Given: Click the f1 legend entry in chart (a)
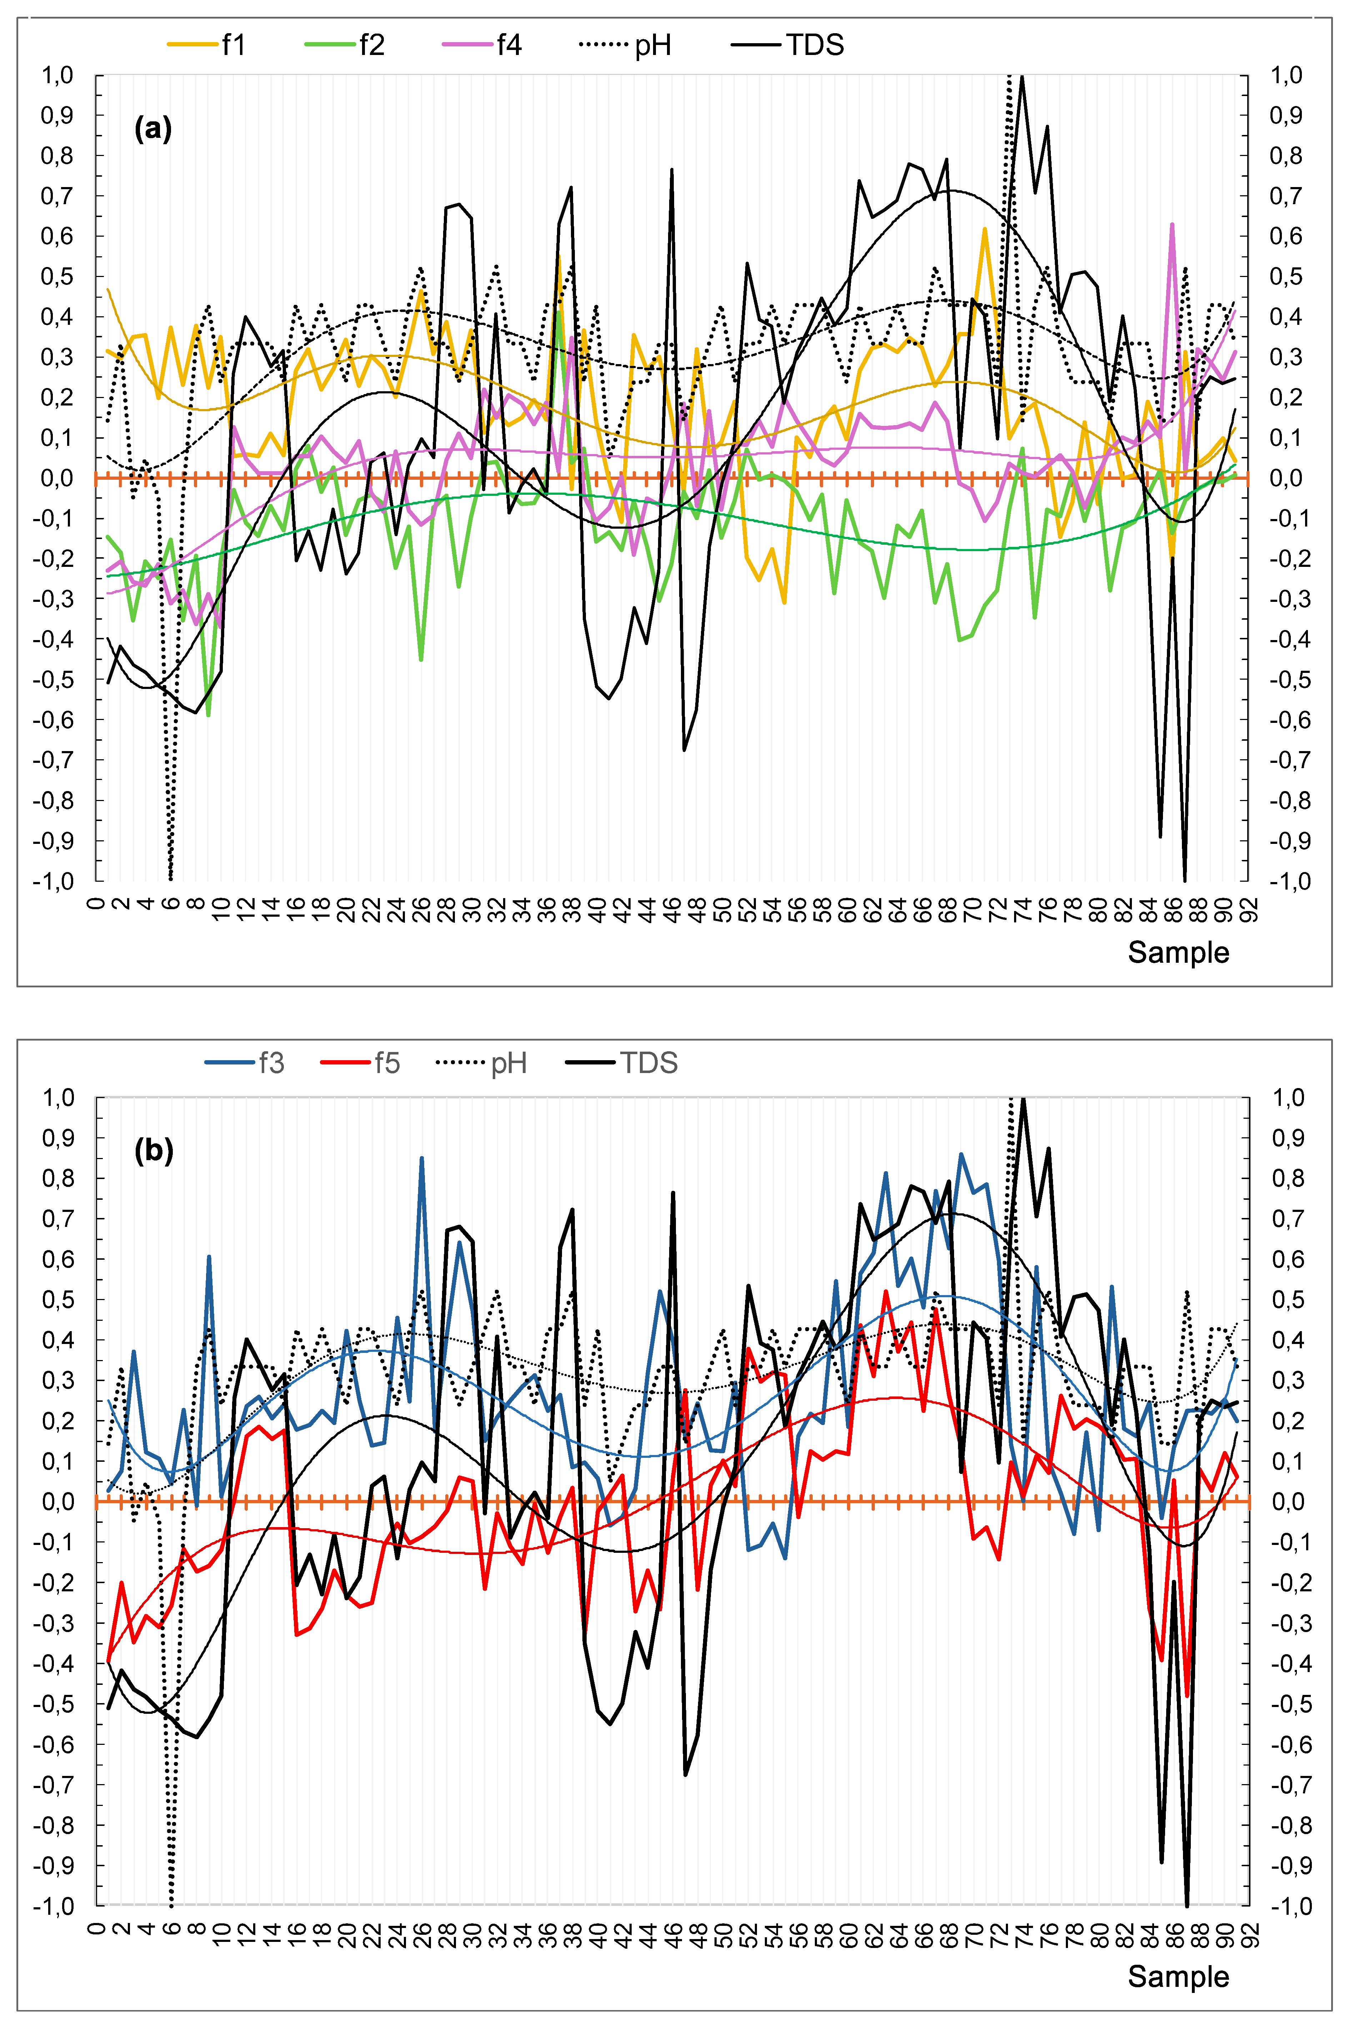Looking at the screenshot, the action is [206, 45].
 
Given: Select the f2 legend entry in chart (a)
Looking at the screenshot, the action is [344, 45].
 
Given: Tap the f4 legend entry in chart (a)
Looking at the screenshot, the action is [482, 45].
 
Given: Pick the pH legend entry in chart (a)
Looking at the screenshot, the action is [626, 45].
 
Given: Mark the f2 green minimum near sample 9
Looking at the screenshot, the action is [208, 715].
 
